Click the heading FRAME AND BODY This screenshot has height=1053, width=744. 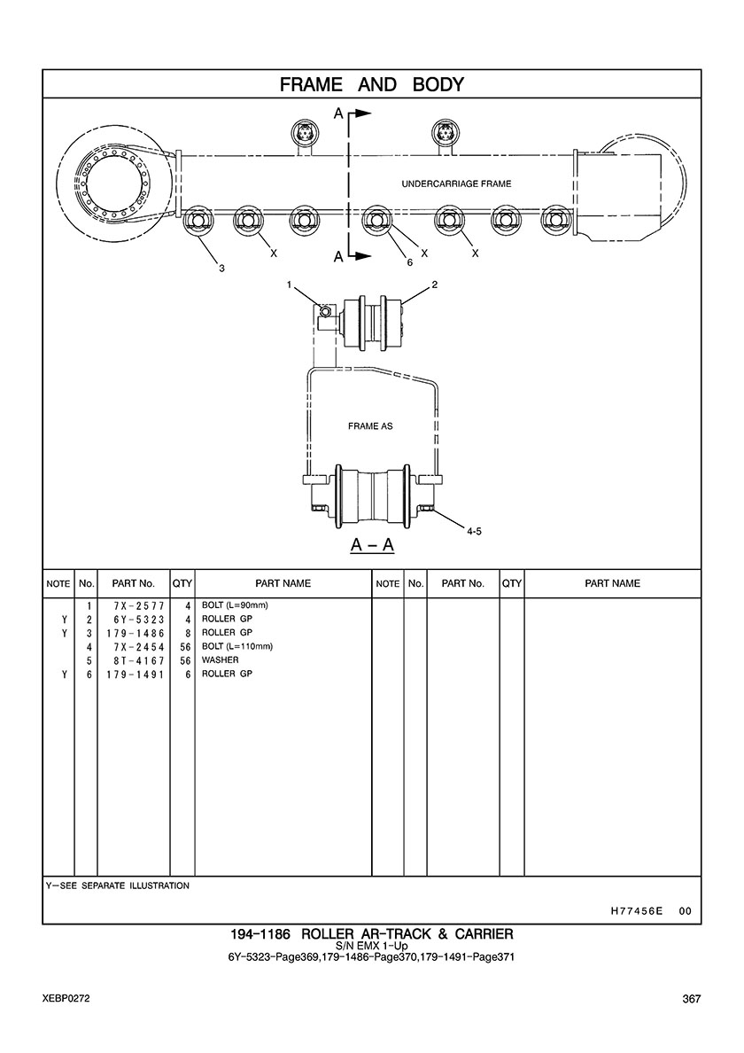point(372,84)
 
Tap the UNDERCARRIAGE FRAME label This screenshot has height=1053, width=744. point(456,183)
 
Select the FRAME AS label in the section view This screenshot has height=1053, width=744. point(370,425)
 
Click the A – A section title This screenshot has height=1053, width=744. point(372,544)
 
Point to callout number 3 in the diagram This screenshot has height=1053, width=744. point(221,269)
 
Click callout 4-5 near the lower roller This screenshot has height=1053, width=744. point(474,531)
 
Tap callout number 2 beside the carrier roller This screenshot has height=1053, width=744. point(434,285)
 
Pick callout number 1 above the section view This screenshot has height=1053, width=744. point(289,285)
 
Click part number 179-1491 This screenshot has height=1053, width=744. point(135,675)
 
